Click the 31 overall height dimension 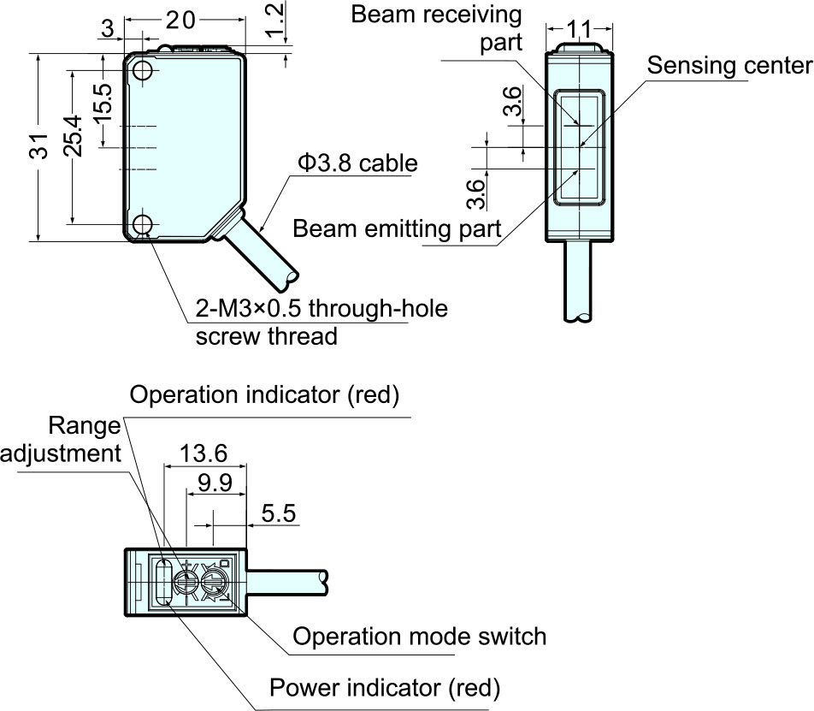(x=39, y=146)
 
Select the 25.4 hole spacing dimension (x=74, y=136)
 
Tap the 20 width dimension (x=180, y=21)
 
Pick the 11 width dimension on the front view (x=579, y=29)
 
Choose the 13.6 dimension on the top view (x=203, y=453)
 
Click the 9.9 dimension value (x=215, y=483)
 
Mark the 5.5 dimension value (x=279, y=513)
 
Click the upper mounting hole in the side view (x=142, y=71)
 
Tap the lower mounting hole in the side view (x=142, y=224)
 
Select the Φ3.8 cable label (x=357, y=163)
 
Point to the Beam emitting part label (x=397, y=229)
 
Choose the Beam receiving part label (x=436, y=28)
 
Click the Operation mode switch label (x=420, y=637)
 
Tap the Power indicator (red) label (x=385, y=688)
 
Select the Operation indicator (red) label (x=264, y=394)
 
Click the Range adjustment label (x=61, y=440)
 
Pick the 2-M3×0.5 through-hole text (x=321, y=309)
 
